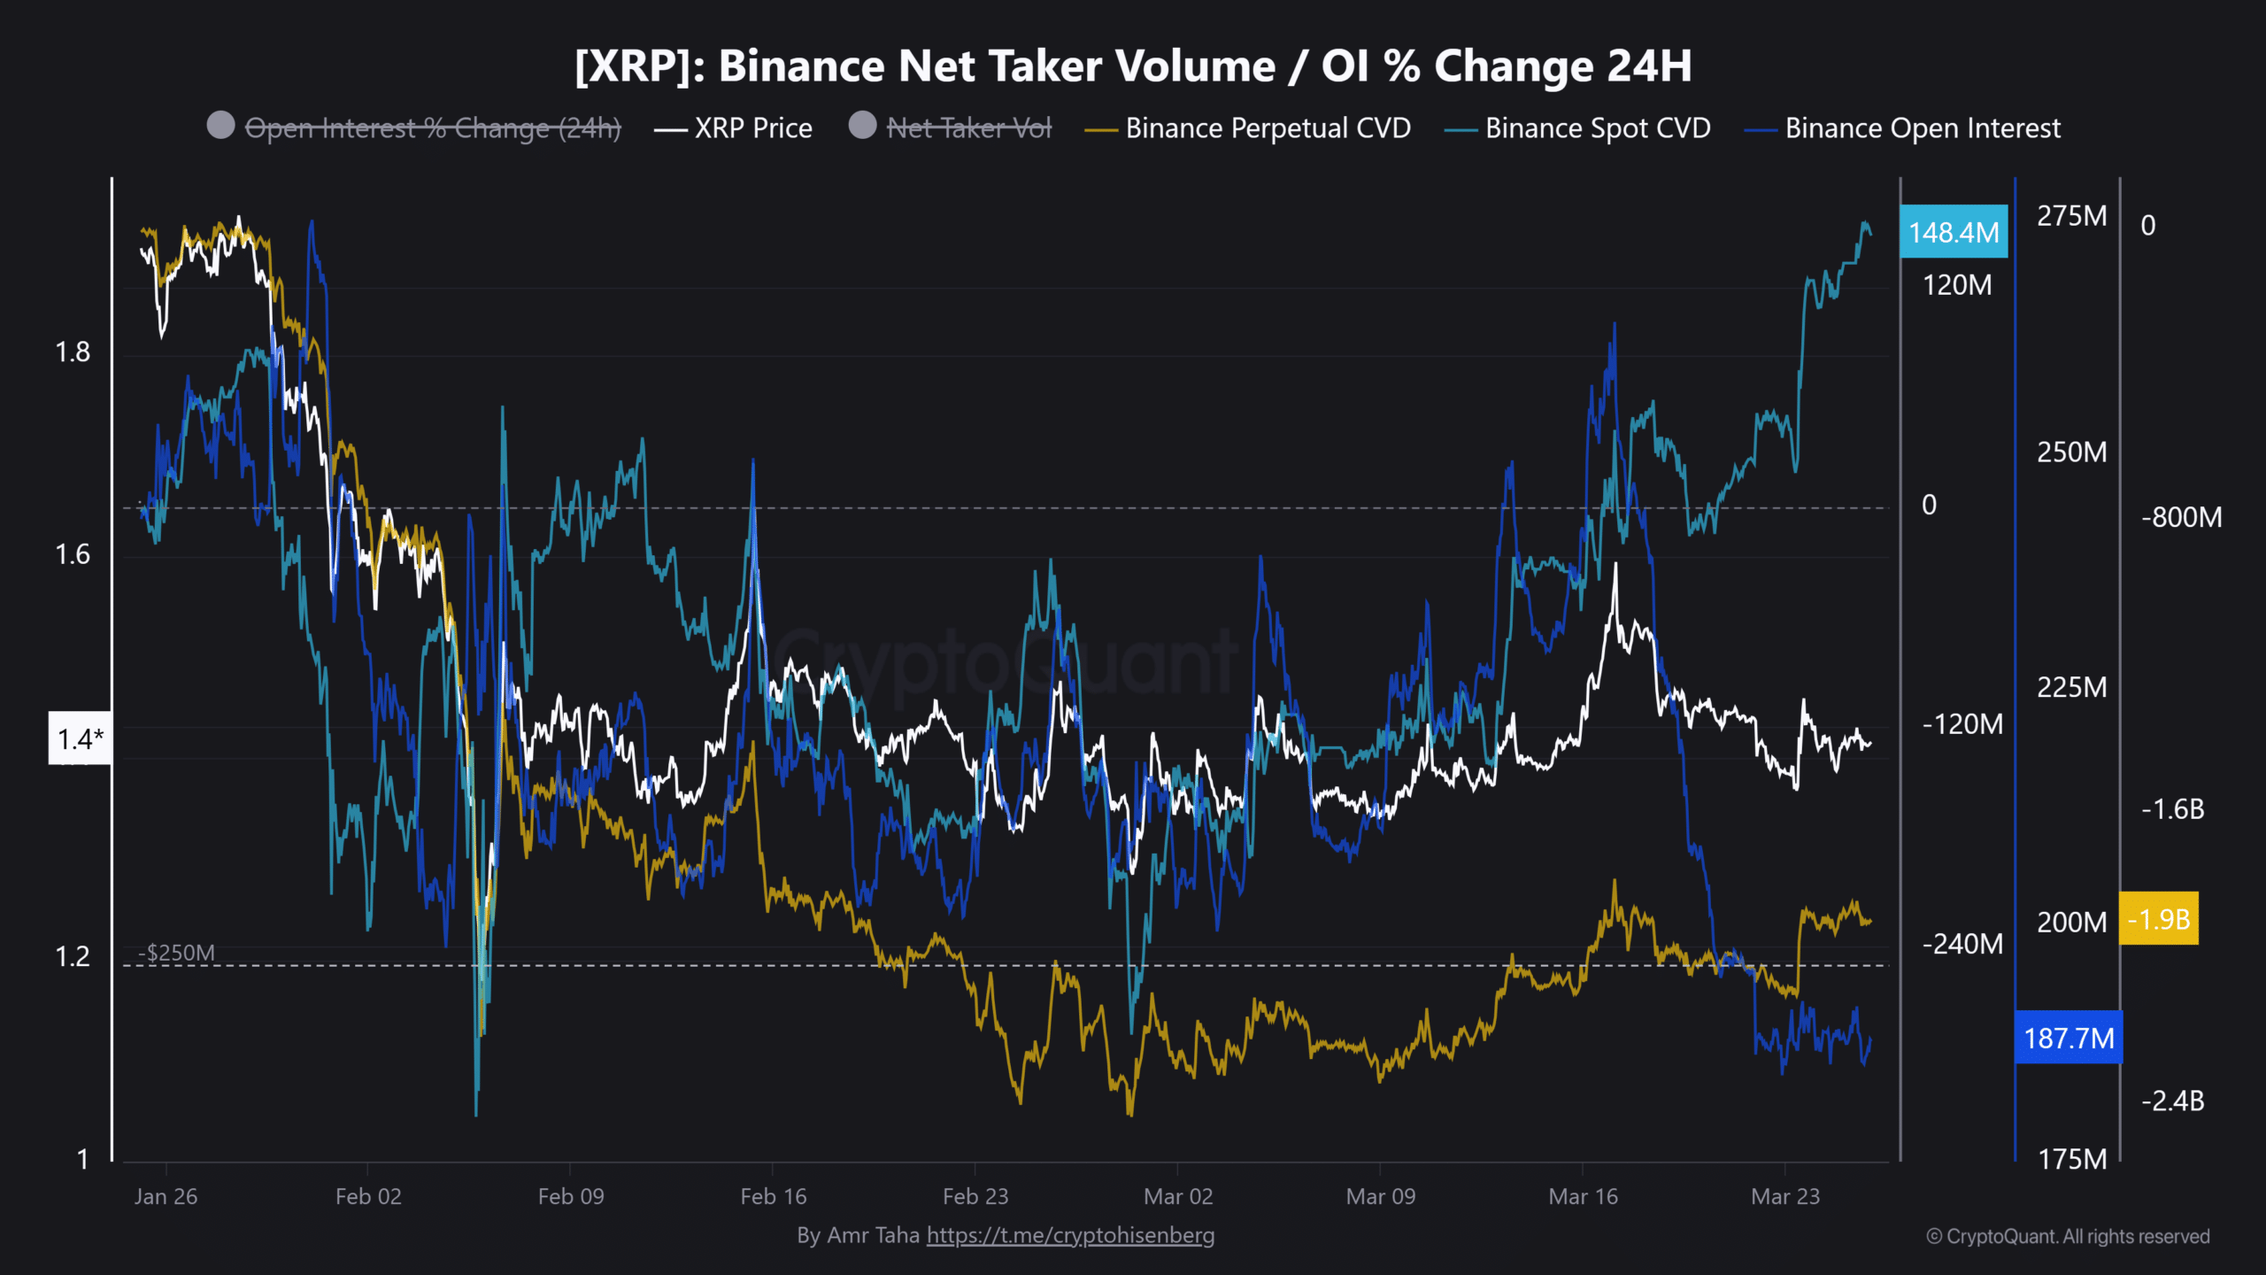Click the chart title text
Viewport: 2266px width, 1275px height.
click(1133, 66)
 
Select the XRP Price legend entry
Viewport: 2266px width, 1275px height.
click(733, 128)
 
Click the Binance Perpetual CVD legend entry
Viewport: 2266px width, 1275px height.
click(1248, 128)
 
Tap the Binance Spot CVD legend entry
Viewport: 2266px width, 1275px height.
click(1577, 128)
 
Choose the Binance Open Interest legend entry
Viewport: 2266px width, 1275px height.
click(1902, 128)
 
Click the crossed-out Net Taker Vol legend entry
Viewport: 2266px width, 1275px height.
click(951, 127)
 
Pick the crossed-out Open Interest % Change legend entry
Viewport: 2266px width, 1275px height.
click(414, 127)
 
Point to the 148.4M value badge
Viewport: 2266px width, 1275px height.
click(1954, 232)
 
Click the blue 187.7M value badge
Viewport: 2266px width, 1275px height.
click(2069, 1037)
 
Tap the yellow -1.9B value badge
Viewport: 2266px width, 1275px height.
click(2159, 918)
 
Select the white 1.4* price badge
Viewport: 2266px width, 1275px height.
click(80, 738)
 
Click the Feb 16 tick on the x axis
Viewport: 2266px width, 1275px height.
click(774, 1196)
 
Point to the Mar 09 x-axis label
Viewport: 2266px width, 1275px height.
click(1381, 1196)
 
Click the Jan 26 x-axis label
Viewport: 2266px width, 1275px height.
click(166, 1196)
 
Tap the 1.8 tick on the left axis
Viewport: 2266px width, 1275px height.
click(73, 352)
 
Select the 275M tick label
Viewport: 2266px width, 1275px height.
click(2072, 216)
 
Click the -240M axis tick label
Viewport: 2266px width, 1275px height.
click(1962, 944)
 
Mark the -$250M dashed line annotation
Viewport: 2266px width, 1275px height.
click(176, 953)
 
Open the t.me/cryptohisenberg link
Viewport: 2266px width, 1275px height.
click(1070, 1235)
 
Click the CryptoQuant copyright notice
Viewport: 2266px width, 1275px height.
click(2069, 1236)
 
